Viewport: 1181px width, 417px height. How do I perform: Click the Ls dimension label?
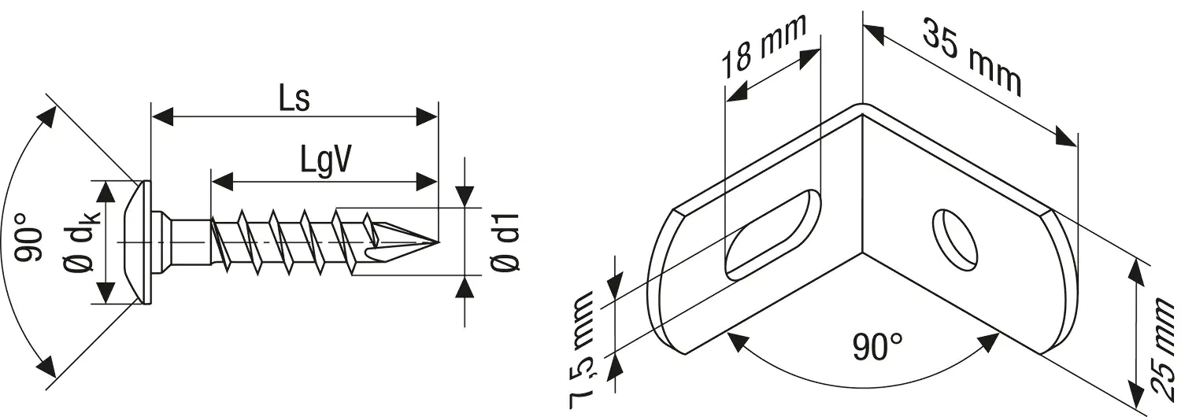coord(293,99)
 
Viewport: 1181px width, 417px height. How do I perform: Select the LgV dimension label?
coord(324,160)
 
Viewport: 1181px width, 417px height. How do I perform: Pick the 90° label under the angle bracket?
coord(877,347)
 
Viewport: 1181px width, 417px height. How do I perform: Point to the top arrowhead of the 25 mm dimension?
coord(1135,268)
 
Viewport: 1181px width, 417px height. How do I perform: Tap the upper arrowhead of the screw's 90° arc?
coord(48,116)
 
